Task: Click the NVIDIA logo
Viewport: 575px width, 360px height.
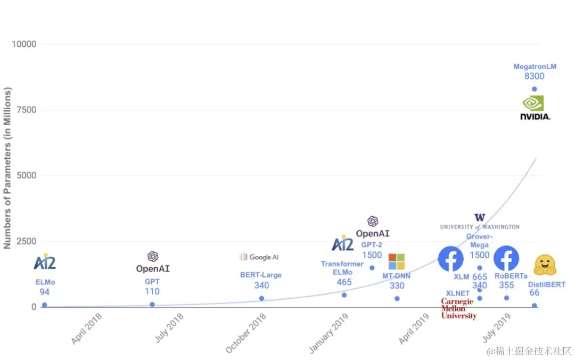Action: (535, 107)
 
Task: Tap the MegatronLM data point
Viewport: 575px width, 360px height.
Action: (534, 89)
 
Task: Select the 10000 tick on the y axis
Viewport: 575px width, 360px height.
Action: (24, 44)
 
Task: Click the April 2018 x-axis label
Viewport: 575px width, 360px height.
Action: (87, 328)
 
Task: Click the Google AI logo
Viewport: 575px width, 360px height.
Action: (259, 257)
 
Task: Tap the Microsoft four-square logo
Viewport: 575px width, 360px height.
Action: (396, 261)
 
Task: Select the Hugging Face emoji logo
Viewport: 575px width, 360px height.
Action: (545, 264)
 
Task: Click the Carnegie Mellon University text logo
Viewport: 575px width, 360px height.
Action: (458, 309)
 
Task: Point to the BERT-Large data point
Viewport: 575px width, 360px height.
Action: (261, 298)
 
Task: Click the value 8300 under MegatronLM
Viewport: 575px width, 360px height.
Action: (534, 77)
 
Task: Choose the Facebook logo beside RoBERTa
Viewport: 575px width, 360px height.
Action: (506, 258)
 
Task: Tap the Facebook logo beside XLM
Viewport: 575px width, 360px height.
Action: (450, 258)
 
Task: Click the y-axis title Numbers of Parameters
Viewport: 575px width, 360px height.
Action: (7, 168)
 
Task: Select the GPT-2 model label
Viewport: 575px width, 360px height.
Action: (372, 245)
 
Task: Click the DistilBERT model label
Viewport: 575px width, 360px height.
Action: (546, 284)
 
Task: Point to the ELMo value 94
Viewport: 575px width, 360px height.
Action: (44, 292)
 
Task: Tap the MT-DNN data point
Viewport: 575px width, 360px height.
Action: (397, 298)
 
